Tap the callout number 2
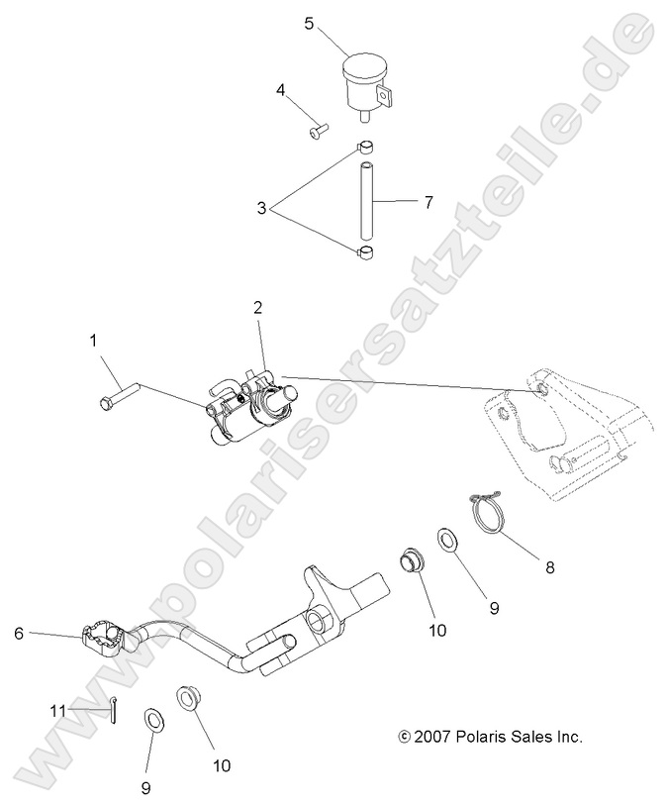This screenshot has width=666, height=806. click(x=258, y=308)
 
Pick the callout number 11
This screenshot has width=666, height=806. click(x=56, y=710)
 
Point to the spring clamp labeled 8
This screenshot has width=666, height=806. click(x=489, y=511)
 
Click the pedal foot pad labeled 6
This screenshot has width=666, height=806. click(x=102, y=636)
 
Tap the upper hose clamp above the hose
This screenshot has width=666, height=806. click(x=365, y=150)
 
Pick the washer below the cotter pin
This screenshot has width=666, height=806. click(x=154, y=718)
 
